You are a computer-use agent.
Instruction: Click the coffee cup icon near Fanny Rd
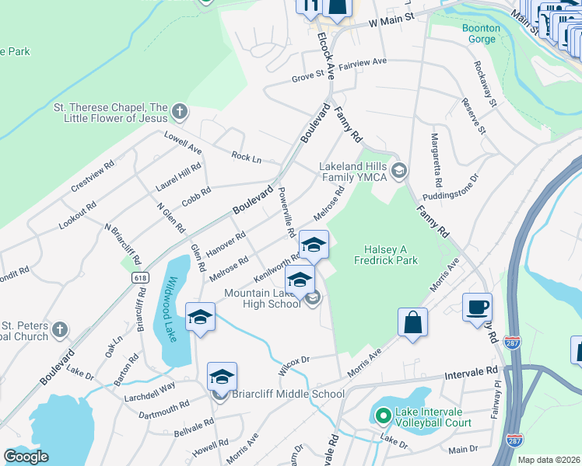[x=477, y=307]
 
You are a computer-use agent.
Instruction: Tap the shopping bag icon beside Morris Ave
[x=412, y=322]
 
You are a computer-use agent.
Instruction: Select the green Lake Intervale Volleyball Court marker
[x=382, y=415]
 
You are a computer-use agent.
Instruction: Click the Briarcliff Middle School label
[x=288, y=394]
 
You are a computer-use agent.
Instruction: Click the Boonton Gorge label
[x=482, y=33]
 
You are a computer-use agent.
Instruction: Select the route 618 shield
[x=140, y=276]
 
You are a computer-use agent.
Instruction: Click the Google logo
[x=26, y=456]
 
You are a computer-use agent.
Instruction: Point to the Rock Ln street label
[x=246, y=157]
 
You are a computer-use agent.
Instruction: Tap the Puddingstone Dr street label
[x=451, y=187]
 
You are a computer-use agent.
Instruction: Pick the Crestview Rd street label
[x=93, y=178]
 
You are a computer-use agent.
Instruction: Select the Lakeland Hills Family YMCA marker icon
[x=399, y=170]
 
